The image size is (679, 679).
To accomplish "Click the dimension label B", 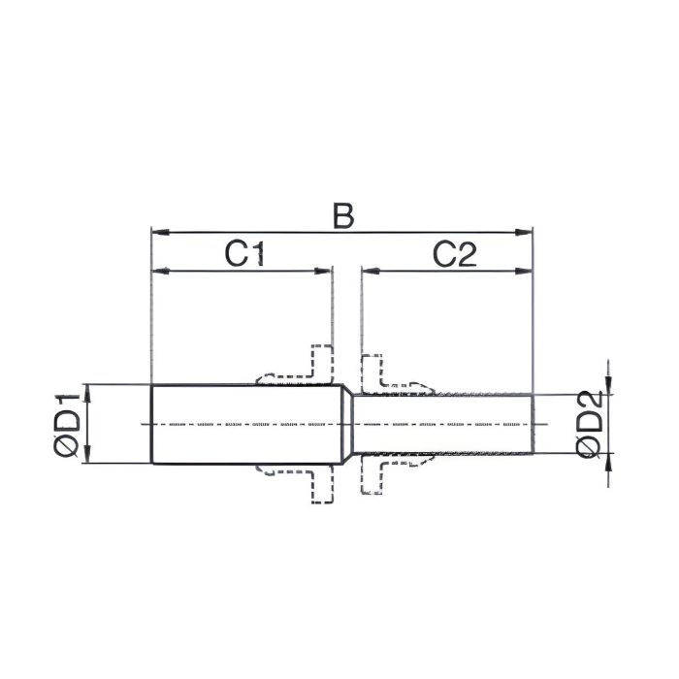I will pyautogui.click(x=342, y=215).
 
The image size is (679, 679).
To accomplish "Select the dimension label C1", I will pyautogui.click(x=245, y=254).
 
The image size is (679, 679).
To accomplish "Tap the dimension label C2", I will pyautogui.click(x=454, y=254).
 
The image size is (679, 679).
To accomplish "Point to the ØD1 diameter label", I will pyautogui.click(x=66, y=424).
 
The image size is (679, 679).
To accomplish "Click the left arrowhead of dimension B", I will pyautogui.click(x=158, y=233).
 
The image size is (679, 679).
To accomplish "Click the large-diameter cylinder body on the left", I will pyautogui.click(x=242, y=424).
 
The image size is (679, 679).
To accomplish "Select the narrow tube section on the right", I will pyautogui.click(x=446, y=424).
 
